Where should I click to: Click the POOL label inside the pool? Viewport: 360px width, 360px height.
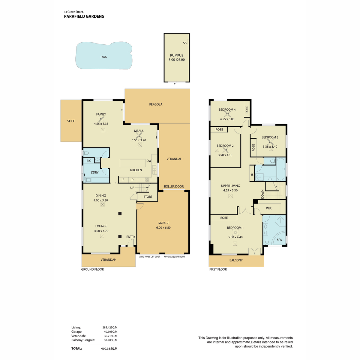tap(104, 57)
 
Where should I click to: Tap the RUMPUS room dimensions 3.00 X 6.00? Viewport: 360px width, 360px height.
tap(176, 60)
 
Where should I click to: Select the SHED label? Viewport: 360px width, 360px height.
tap(71, 121)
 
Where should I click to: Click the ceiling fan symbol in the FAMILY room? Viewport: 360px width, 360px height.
tap(101, 119)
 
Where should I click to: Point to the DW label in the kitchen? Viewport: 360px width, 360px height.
tap(149, 161)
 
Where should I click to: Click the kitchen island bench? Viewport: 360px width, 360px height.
tap(133, 163)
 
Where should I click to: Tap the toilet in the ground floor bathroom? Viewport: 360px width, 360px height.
tap(86, 153)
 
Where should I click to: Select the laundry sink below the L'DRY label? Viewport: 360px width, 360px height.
tap(88, 180)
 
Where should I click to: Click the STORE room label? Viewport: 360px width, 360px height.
tap(148, 197)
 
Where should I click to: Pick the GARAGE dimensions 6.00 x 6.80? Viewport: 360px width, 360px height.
tap(163, 227)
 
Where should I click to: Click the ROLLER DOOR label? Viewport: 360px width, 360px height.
tap(174, 186)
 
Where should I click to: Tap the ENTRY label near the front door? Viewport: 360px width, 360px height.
tap(130, 237)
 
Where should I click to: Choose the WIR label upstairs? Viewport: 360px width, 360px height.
tap(268, 208)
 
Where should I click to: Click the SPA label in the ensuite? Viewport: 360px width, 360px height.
tap(279, 240)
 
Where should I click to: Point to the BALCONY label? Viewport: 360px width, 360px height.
tap(236, 260)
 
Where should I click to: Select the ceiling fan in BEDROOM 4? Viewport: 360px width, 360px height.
tap(227, 114)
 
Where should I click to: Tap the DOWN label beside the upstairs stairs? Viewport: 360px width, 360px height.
tap(262, 194)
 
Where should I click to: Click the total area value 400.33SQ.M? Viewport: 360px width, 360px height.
tap(109, 348)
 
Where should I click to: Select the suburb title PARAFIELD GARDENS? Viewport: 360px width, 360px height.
tap(84, 16)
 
